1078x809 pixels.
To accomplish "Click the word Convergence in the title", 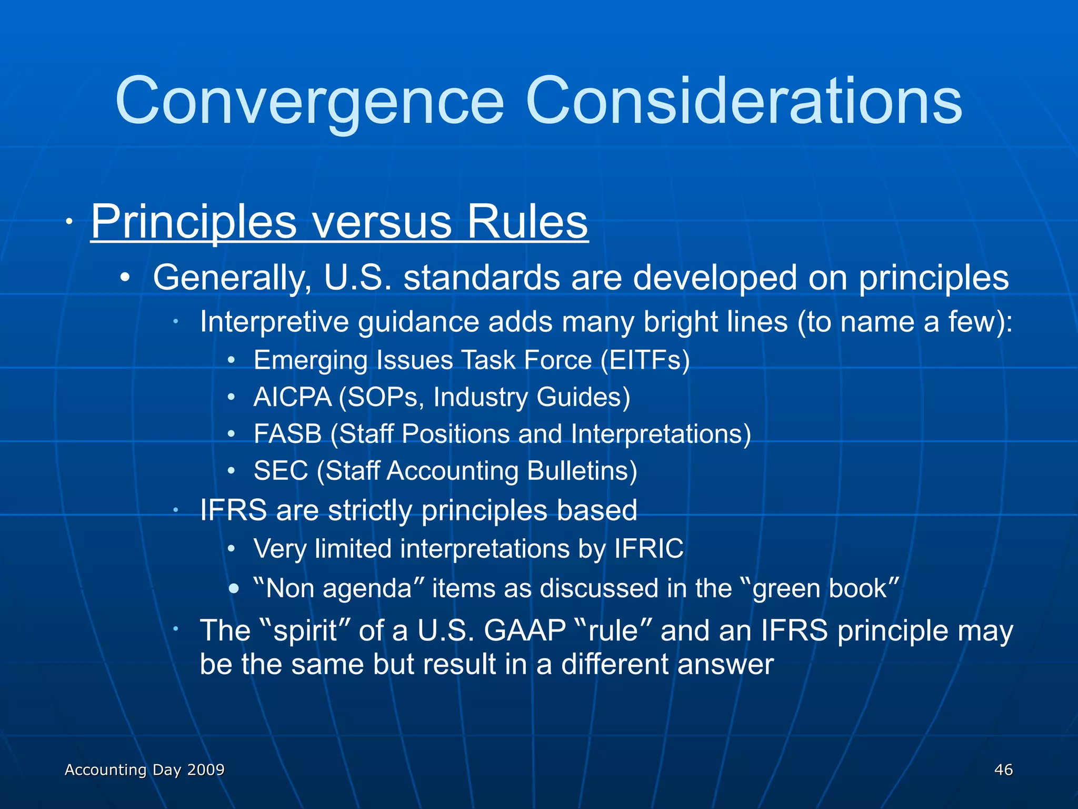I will [310, 101].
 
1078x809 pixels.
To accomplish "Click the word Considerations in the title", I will [743, 101].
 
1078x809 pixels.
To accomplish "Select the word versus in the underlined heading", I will [382, 221].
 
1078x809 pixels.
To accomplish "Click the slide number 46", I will [1003, 769].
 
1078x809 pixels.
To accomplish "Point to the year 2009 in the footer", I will [206, 769].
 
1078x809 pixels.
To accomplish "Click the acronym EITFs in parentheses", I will [645, 360].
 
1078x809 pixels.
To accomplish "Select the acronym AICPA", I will [292, 397].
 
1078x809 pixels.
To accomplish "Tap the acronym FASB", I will [287, 434].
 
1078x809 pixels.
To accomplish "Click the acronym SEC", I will [281, 471].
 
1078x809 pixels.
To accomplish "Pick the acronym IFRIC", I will [648, 549].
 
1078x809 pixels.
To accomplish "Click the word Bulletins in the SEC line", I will [582, 471].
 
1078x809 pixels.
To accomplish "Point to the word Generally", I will [232, 278].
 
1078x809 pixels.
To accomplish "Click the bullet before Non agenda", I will [234, 588].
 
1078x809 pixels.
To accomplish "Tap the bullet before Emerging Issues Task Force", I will [231, 361].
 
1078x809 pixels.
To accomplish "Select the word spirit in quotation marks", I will [305, 631].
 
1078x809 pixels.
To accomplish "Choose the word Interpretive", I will [274, 322].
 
